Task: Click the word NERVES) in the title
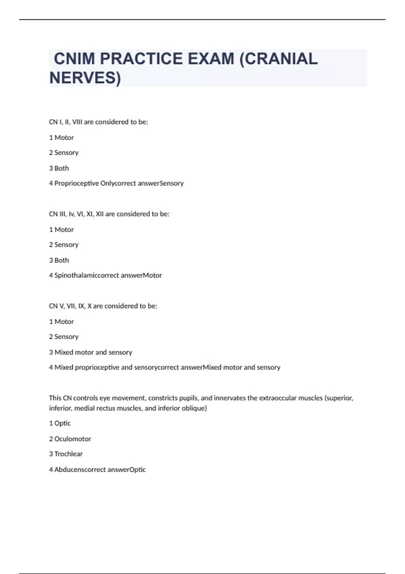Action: (x=85, y=78)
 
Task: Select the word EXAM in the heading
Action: (x=211, y=59)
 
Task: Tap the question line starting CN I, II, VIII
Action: (x=98, y=122)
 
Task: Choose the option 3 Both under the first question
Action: (x=59, y=168)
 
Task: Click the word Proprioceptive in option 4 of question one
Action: (x=77, y=183)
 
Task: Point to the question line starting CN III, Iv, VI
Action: (x=109, y=214)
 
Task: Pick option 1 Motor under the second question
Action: (x=61, y=230)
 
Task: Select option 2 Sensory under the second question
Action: (x=64, y=245)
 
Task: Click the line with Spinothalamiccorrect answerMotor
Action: (x=105, y=276)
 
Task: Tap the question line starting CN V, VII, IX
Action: (x=103, y=306)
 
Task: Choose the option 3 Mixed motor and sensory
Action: (x=90, y=352)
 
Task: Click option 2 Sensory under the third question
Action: (x=64, y=337)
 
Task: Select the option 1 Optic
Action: (x=60, y=423)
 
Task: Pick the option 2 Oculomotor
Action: (x=70, y=439)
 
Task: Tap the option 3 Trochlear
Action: (x=66, y=454)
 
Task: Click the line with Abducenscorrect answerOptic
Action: (x=97, y=470)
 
